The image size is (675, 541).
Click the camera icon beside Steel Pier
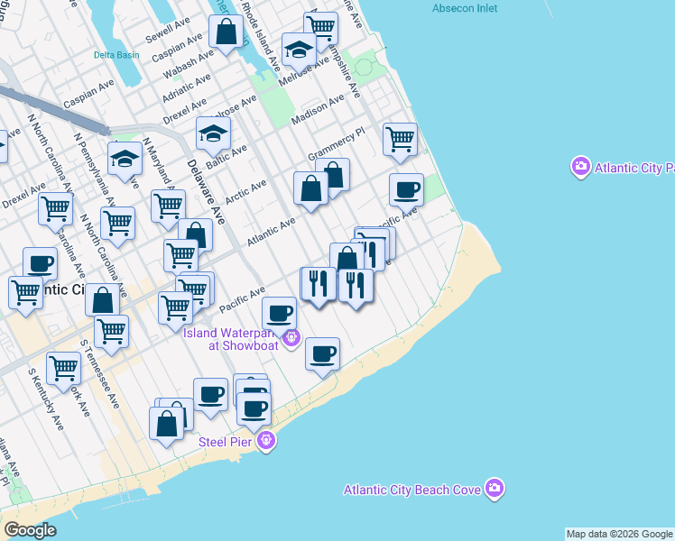266,441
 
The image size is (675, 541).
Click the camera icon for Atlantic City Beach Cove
494,489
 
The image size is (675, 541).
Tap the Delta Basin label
116,55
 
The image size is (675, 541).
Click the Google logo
30,530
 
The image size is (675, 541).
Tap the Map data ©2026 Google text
619,534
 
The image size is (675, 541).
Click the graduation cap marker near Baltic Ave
213,134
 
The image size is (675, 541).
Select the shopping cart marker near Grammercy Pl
400,140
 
